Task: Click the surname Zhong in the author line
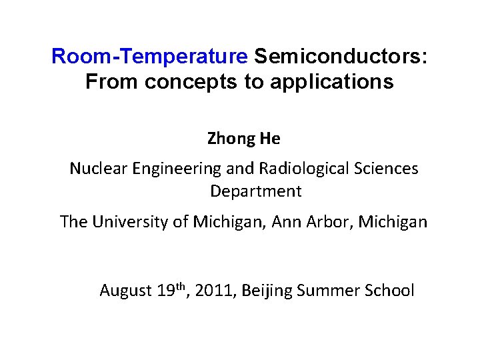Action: point(229,139)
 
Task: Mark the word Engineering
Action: point(172,169)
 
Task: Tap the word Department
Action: point(256,192)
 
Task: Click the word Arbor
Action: point(331,221)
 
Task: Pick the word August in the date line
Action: point(126,291)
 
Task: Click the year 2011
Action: point(214,291)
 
